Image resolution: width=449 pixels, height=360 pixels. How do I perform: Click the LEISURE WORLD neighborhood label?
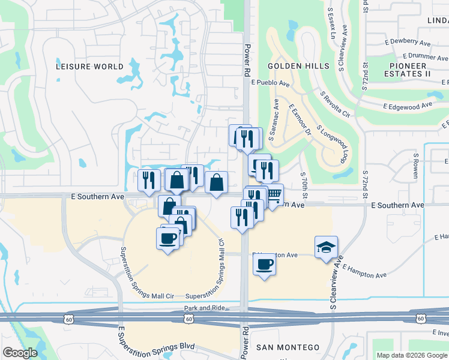[89, 67]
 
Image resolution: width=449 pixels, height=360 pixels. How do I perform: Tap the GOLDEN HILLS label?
[298, 66]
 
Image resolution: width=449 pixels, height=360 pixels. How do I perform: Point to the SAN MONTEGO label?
[288, 348]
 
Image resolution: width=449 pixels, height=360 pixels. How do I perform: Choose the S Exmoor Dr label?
[301, 120]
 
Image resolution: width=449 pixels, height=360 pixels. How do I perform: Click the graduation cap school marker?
[326, 248]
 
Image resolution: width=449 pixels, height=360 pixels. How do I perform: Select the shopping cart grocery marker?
[274, 194]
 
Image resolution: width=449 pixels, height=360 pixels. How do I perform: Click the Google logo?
[20, 353]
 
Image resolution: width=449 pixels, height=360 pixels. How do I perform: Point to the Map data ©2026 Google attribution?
[411, 355]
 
